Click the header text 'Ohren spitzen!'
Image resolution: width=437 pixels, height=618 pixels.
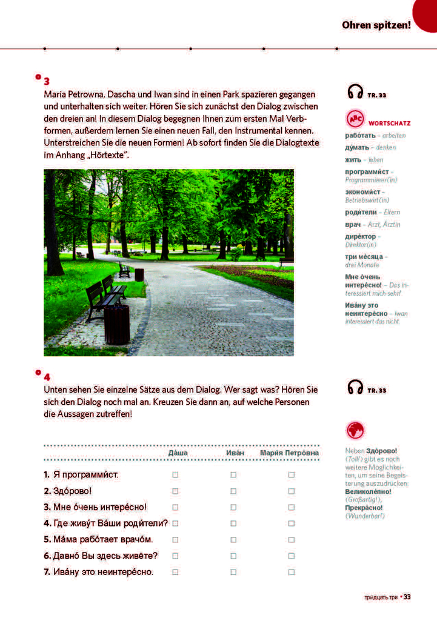pyautogui.click(x=376, y=25)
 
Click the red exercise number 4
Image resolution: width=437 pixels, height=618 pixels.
pyautogui.click(x=47, y=376)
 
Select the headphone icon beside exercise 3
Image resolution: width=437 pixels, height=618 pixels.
pyautogui.click(x=355, y=92)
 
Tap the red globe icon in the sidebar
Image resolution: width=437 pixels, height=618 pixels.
pyautogui.click(x=355, y=430)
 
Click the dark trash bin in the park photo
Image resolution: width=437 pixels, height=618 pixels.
pyautogui.click(x=116, y=323)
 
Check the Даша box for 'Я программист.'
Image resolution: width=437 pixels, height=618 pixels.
pyautogui.click(x=175, y=475)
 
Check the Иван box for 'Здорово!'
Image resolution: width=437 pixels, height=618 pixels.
pyautogui.click(x=233, y=491)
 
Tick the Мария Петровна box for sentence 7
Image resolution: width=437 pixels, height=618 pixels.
pyautogui.click(x=291, y=571)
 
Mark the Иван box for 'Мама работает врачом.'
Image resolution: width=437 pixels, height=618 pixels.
pyautogui.click(x=233, y=539)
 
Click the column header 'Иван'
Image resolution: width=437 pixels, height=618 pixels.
pyautogui.click(x=235, y=453)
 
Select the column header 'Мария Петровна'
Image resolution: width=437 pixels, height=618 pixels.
pyautogui.click(x=289, y=453)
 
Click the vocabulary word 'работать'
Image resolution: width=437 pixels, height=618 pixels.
pyautogui.click(x=359, y=135)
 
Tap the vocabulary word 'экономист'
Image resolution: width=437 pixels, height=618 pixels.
pyautogui.click(x=362, y=192)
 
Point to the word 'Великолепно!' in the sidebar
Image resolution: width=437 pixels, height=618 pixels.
pyautogui.click(x=367, y=491)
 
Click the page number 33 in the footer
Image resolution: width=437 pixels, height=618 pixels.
pyautogui.click(x=407, y=597)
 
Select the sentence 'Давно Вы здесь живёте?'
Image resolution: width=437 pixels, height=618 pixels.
pyautogui.click(x=101, y=556)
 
